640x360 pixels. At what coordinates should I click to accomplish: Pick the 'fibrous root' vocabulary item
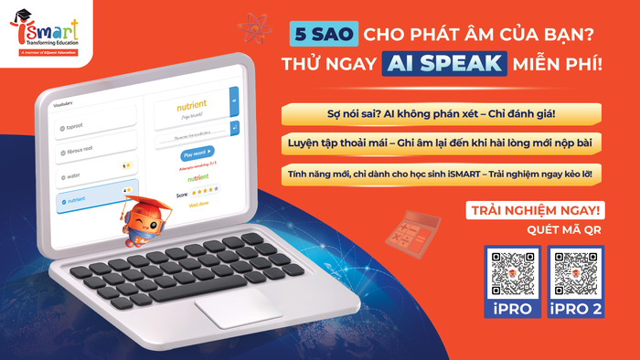coord(97,143)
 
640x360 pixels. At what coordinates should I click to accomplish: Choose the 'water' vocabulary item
coord(97,171)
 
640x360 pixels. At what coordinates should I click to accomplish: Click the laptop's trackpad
coord(237,308)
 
